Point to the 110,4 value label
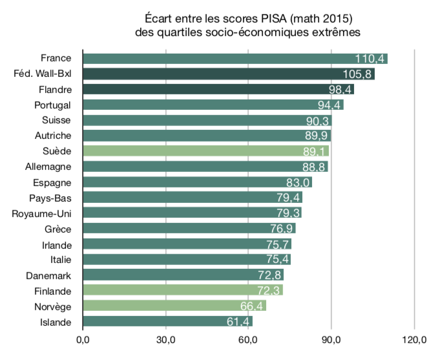[x=370, y=59]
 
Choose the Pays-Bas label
[x=50, y=198]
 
